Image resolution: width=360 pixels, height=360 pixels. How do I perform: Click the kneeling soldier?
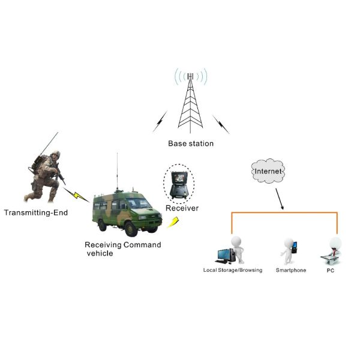click(x=45, y=173)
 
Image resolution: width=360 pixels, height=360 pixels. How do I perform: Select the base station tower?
click(x=190, y=105)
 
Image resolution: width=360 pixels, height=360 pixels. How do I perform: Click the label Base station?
click(x=190, y=144)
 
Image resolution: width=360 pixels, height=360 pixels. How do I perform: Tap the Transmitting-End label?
click(x=35, y=212)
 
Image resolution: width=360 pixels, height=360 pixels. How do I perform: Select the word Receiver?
click(x=182, y=208)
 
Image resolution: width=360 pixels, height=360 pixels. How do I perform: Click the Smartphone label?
click(x=291, y=271)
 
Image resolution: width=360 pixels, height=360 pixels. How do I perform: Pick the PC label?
click(x=330, y=271)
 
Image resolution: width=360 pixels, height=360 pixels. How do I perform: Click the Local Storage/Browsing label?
click(x=233, y=271)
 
